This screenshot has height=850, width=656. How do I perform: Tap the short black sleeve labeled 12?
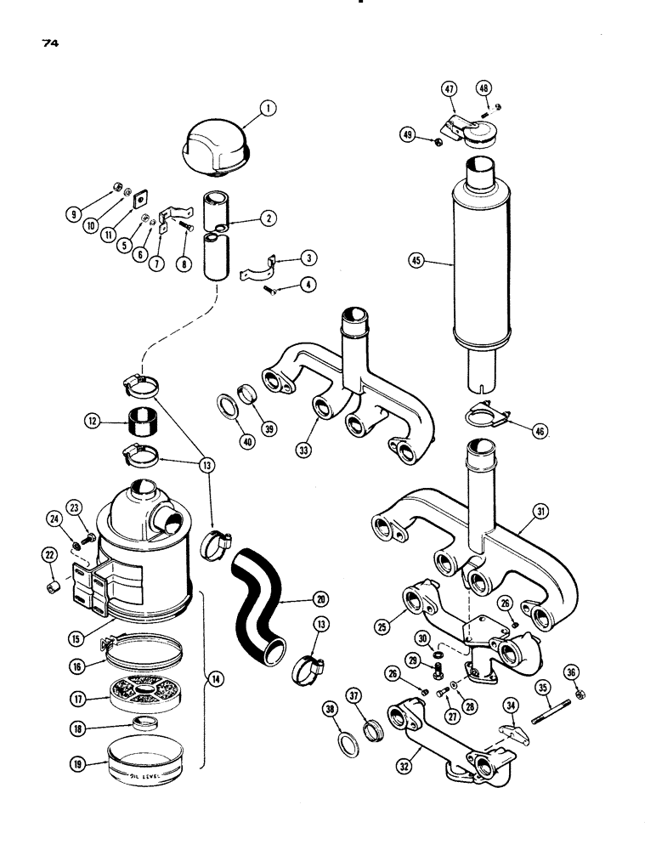pos(144,419)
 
